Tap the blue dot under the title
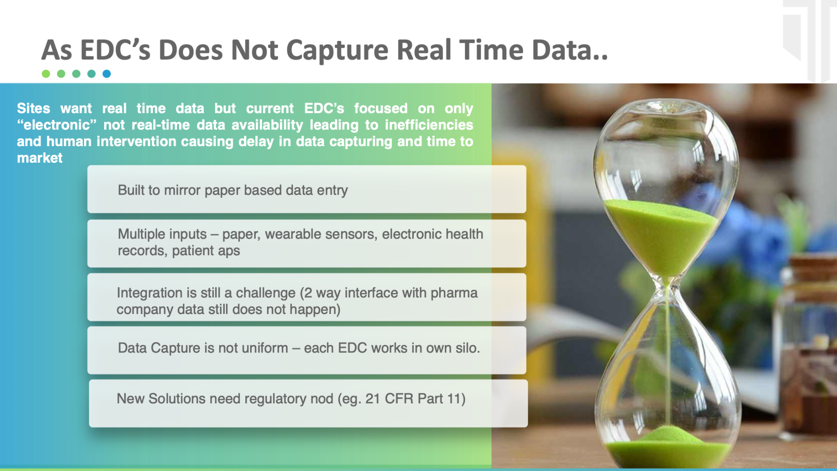tap(107, 74)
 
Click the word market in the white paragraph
tap(40, 158)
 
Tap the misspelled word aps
tap(229, 251)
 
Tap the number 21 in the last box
tap(373, 399)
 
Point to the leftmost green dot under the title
tap(46, 74)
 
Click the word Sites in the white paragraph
tap(34, 109)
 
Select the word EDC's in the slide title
tap(115, 50)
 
